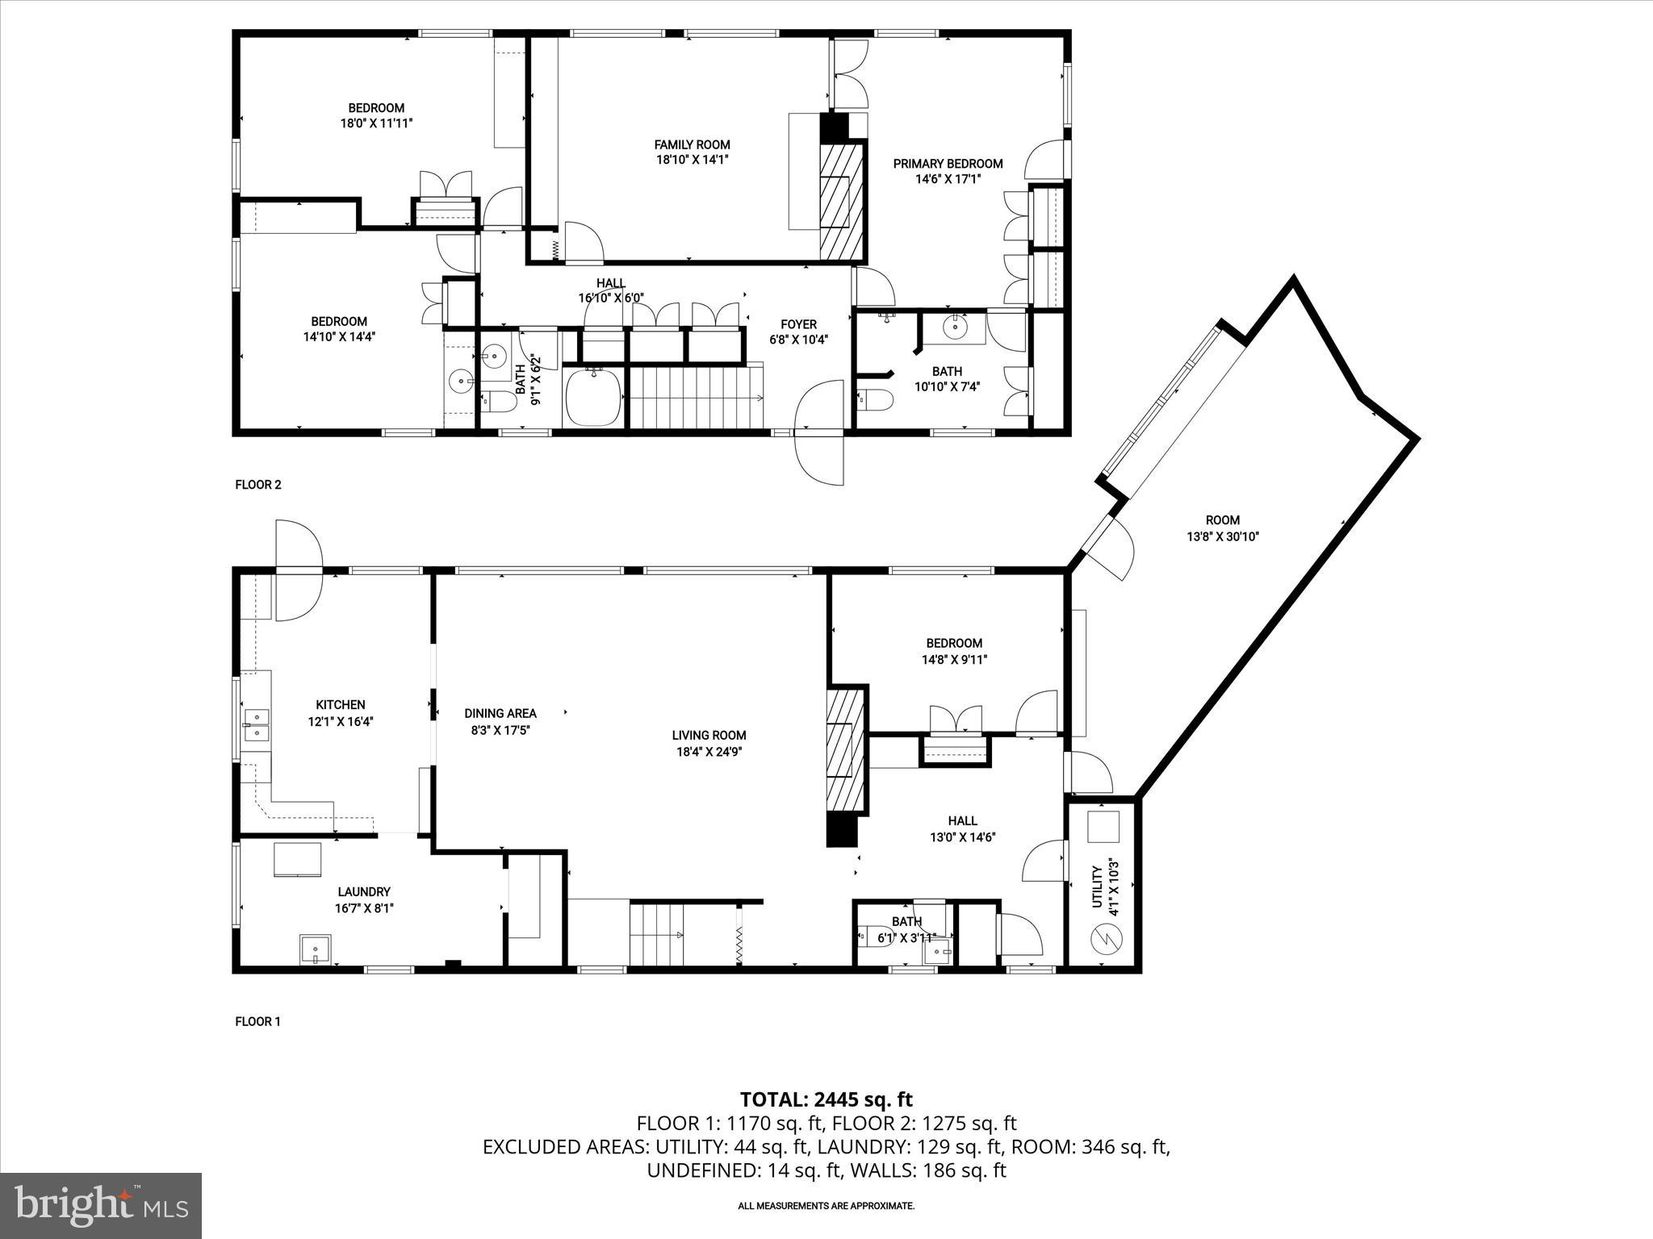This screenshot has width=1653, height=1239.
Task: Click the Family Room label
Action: [692, 145]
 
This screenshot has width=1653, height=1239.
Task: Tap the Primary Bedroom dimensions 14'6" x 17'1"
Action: [948, 179]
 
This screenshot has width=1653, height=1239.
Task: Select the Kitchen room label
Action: [340, 705]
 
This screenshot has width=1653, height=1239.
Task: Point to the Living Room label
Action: [709, 735]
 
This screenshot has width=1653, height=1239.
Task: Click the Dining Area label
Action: [500, 713]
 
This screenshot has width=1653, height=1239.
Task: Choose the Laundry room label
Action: [364, 891]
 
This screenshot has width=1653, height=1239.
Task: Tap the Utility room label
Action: [1097, 886]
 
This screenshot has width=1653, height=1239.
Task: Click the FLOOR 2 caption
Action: [257, 485]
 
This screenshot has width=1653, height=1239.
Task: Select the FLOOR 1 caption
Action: [257, 1021]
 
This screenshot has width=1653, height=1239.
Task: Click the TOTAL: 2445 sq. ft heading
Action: [826, 1099]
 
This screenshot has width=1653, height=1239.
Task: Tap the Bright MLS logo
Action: [101, 1206]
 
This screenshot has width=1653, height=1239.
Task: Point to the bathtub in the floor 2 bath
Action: [593, 396]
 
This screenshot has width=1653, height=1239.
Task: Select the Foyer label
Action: [798, 324]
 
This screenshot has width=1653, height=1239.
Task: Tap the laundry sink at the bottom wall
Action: [315, 949]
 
